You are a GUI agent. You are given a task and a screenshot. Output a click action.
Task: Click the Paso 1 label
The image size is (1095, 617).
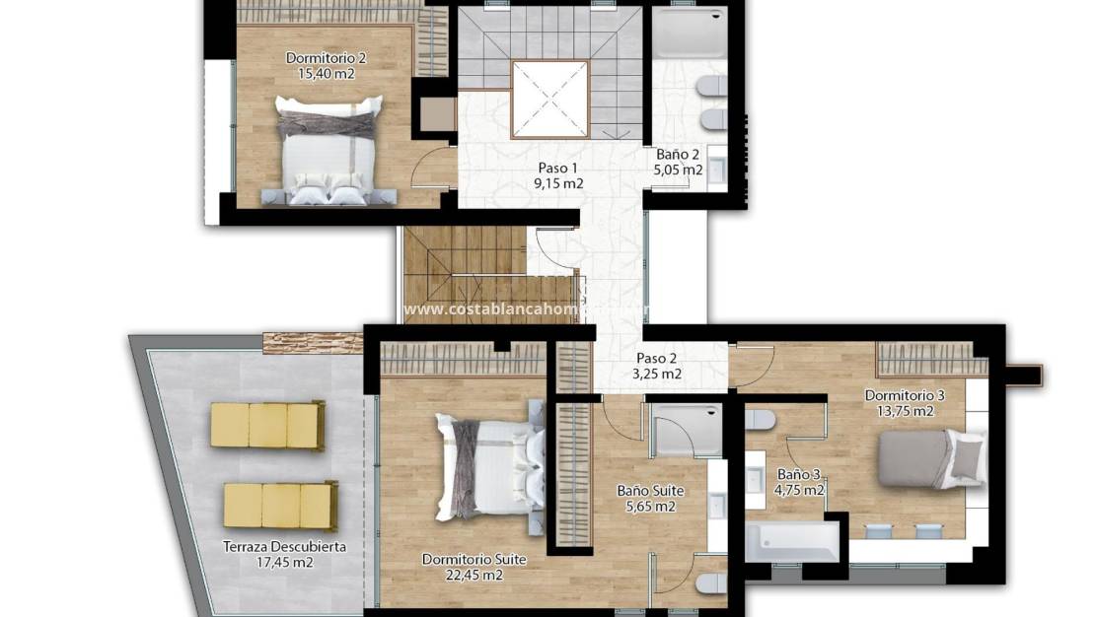coord(558,168)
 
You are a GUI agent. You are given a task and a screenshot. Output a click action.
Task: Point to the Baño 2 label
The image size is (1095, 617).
coord(678,154)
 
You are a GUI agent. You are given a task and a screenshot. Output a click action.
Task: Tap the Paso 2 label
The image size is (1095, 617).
coord(657,358)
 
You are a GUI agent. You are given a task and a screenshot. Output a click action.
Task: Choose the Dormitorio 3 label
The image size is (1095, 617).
coord(905,395)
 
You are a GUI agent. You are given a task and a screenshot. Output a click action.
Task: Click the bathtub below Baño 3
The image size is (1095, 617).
coord(792,540)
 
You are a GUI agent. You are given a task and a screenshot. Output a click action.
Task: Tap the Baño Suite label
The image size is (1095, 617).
coord(650,490)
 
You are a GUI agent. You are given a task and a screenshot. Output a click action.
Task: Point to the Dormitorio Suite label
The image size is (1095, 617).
coord(474,559)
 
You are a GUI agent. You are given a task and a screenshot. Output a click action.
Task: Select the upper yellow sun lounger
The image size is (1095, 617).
coord(267,426)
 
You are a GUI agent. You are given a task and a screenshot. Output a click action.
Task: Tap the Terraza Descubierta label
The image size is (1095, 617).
coord(284,547)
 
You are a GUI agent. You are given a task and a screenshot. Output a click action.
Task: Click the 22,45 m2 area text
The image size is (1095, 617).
coord(474,575)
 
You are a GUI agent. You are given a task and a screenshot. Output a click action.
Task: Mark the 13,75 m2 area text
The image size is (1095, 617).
coord(905,411)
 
